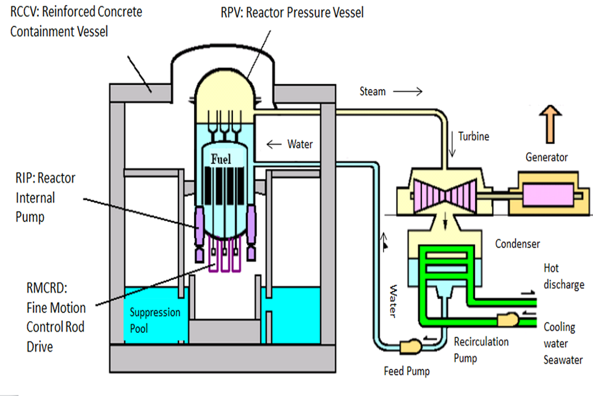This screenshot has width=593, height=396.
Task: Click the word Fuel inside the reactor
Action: point(221,159)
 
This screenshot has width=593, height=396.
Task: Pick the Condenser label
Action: point(517,244)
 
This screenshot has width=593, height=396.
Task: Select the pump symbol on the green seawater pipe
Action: point(507,320)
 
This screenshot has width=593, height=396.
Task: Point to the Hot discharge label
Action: point(563,277)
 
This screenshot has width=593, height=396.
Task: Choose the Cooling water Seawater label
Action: point(562,343)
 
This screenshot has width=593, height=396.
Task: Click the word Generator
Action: point(546,157)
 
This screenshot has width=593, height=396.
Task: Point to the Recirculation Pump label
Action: point(481,349)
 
